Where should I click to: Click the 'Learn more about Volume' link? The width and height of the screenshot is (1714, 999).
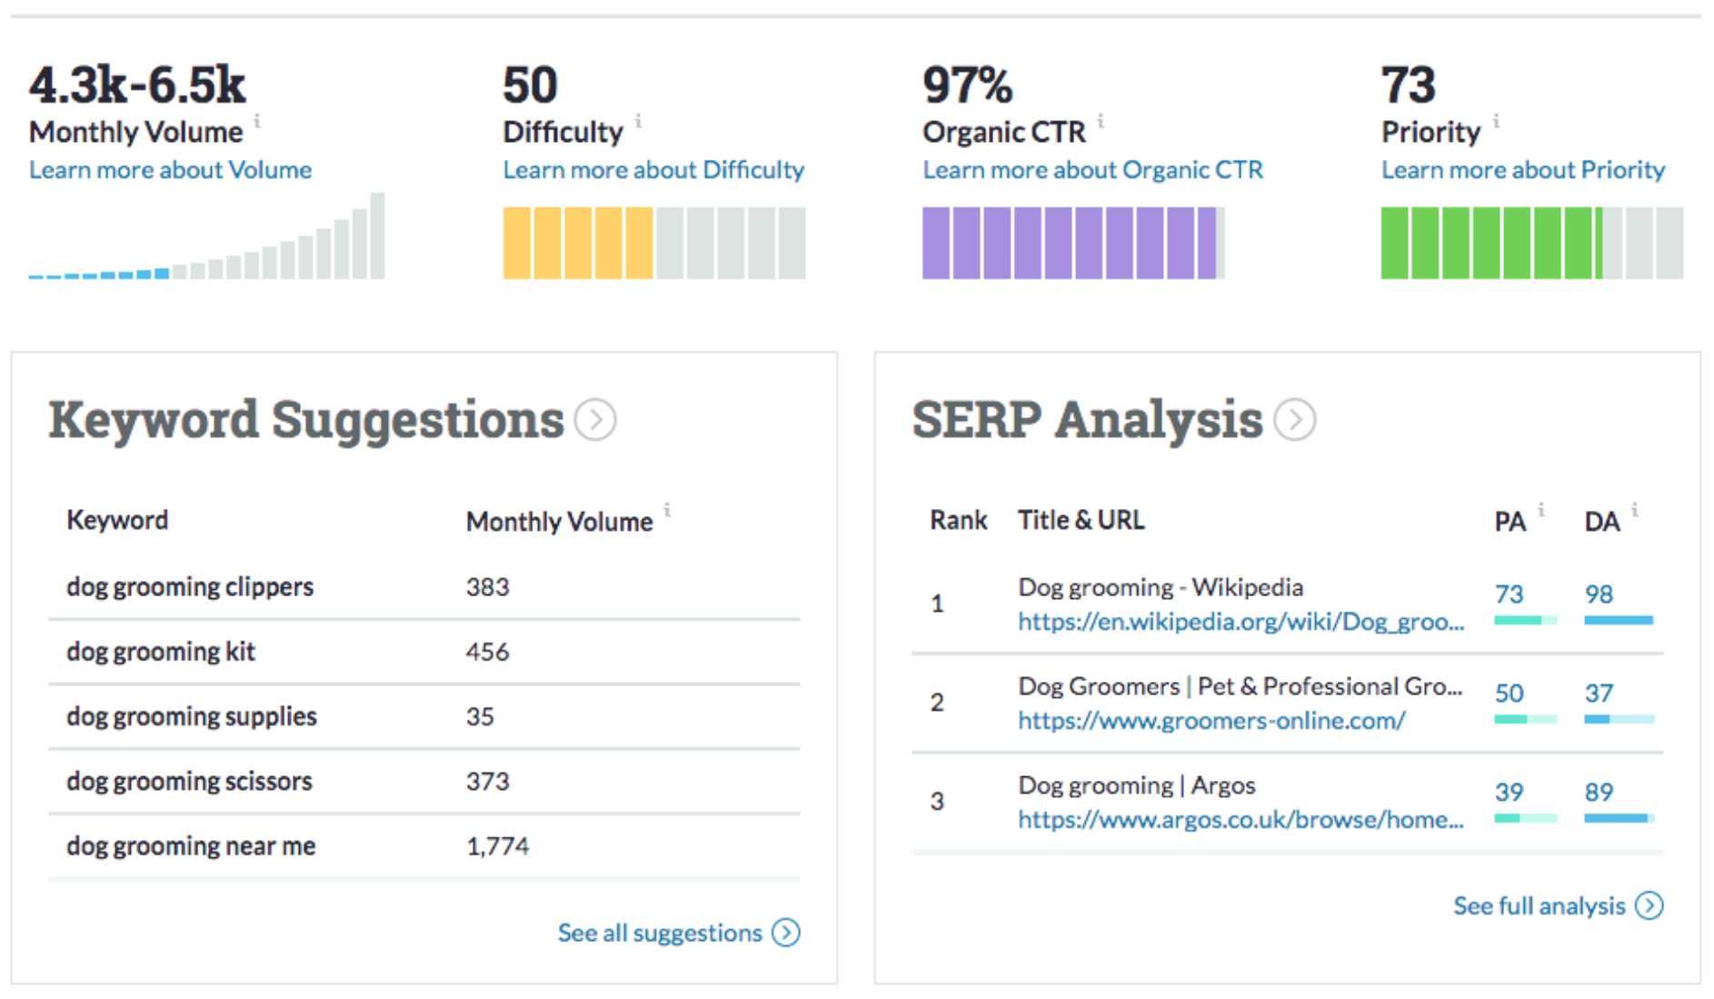(x=170, y=170)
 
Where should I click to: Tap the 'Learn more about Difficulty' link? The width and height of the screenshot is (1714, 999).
(x=653, y=170)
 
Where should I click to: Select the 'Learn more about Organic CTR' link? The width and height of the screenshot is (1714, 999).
(x=1092, y=170)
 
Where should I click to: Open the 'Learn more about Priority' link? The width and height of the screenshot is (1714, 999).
(x=1522, y=170)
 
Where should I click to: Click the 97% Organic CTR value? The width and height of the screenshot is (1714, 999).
(x=966, y=85)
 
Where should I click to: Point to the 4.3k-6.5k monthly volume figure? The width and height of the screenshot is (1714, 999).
(x=137, y=85)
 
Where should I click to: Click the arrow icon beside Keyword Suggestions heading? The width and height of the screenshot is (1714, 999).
(x=596, y=420)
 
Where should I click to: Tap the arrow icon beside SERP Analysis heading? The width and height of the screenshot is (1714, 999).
(x=1294, y=420)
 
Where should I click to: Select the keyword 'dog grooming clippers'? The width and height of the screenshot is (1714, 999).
(x=190, y=587)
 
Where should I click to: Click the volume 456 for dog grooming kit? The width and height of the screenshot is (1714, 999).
(x=487, y=652)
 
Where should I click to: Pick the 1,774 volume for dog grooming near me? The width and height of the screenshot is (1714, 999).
(x=497, y=846)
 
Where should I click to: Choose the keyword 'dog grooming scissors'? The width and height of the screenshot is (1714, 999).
(x=189, y=782)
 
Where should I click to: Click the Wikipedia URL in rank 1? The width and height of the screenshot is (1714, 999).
(x=1241, y=622)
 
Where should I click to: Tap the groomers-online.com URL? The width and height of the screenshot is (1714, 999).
(x=1211, y=721)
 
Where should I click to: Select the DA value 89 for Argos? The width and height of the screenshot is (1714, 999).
(x=1599, y=792)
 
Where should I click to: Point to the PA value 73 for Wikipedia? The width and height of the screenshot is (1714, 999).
(x=1509, y=594)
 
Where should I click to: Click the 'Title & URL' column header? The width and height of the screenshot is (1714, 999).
(x=1081, y=520)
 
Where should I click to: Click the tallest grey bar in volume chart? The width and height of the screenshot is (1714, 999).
(x=377, y=235)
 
